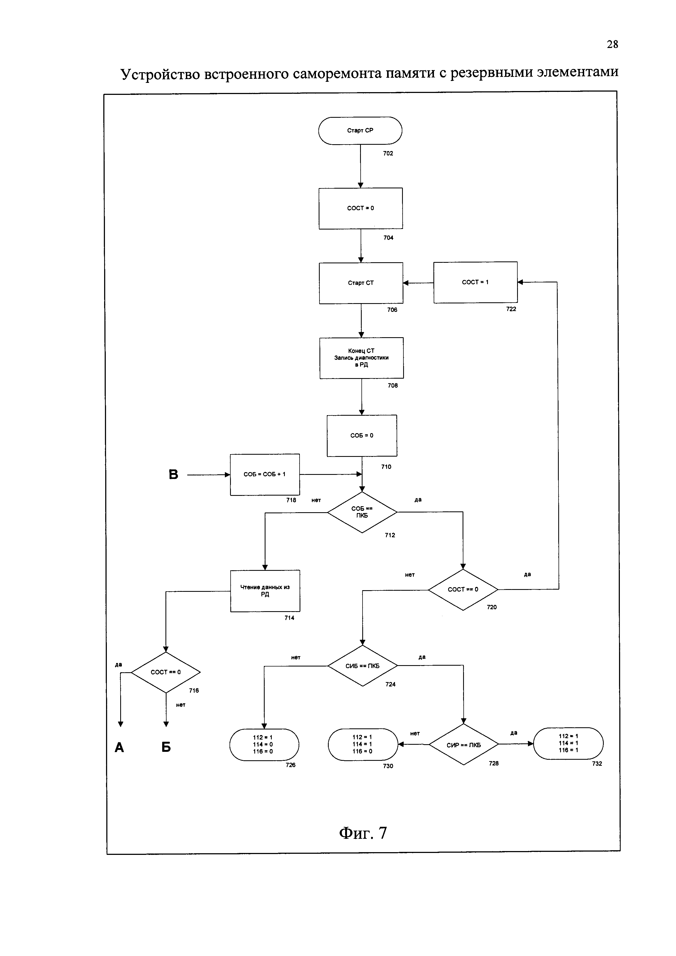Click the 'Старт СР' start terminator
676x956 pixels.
(x=360, y=131)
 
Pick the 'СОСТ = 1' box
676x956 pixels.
(x=476, y=282)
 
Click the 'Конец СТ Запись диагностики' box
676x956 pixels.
(x=362, y=358)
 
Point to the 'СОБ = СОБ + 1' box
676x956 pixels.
(x=265, y=475)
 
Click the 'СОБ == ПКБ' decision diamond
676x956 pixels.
(x=362, y=512)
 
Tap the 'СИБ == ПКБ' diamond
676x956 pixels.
(x=363, y=666)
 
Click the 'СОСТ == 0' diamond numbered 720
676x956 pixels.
(x=463, y=590)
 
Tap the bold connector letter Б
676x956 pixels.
(x=166, y=747)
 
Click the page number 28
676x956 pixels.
(x=612, y=44)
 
